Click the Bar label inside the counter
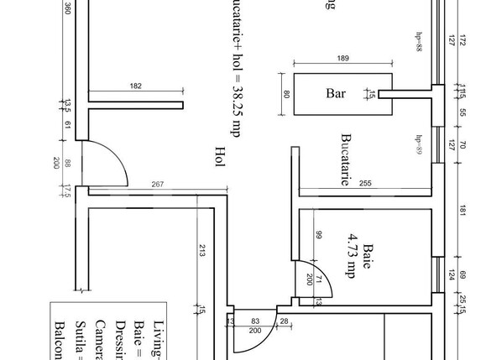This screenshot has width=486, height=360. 336,94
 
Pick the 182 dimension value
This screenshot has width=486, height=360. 136,86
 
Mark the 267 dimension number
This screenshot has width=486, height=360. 157,184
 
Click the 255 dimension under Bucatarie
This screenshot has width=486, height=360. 364,184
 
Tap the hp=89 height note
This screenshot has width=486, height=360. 418,143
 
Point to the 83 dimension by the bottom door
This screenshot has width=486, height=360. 257,321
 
